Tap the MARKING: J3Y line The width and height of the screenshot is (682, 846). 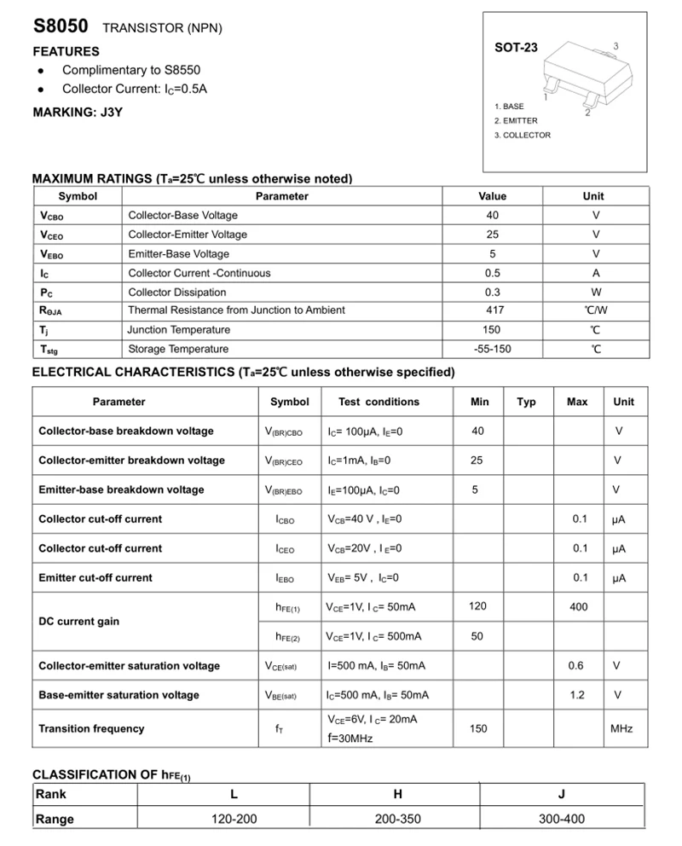click(x=78, y=113)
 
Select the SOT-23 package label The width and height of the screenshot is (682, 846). click(x=516, y=48)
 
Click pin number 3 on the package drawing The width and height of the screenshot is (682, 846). click(x=616, y=45)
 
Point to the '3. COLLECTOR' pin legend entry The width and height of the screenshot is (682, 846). click(x=523, y=135)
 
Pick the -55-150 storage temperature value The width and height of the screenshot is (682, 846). click(x=493, y=349)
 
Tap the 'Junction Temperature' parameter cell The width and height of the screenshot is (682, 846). click(x=179, y=330)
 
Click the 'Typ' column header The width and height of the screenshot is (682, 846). click(x=526, y=402)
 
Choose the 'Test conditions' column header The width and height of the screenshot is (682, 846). click(x=379, y=402)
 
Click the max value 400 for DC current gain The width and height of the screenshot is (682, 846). click(x=578, y=606)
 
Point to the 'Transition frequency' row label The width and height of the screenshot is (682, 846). click(x=91, y=728)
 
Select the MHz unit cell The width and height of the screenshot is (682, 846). click(x=621, y=728)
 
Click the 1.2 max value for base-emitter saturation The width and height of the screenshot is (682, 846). click(x=577, y=695)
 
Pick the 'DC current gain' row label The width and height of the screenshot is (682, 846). click(x=79, y=621)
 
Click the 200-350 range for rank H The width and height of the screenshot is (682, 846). click(x=397, y=819)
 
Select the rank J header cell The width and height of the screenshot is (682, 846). click(x=562, y=794)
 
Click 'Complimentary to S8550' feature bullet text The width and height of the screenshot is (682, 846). click(x=131, y=70)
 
